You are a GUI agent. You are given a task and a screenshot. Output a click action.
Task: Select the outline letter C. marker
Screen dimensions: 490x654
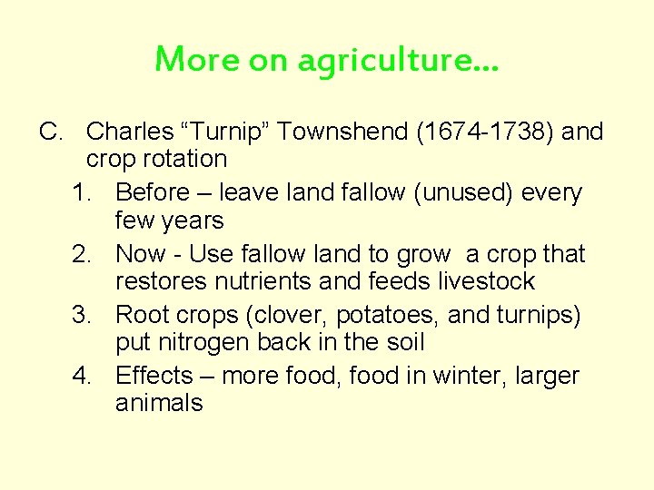click(x=51, y=132)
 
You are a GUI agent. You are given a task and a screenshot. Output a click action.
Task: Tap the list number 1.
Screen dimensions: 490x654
click(x=82, y=193)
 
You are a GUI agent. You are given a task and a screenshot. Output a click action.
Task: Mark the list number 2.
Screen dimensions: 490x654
click(x=82, y=255)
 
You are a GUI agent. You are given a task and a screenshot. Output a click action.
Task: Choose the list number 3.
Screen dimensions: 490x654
click(x=82, y=316)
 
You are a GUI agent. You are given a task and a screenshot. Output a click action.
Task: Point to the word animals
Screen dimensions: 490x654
click(x=159, y=404)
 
